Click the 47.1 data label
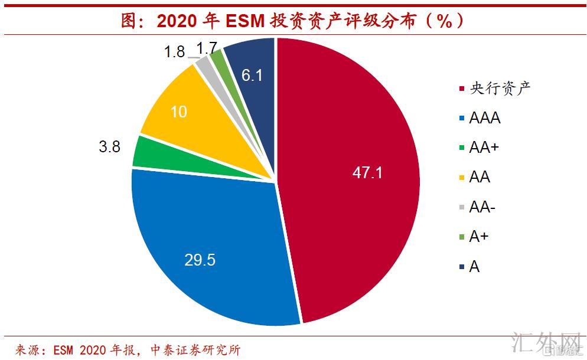click(x=367, y=172)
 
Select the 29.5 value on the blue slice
click(x=200, y=260)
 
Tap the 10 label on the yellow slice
click(x=178, y=112)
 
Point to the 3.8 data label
click(x=109, y=146)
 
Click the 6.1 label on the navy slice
click(x=252, y=74)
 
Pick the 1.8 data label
click(x=175, y=52)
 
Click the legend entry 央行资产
click(x=500, y=89)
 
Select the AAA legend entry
click(x=485, y=118)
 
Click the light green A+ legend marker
click(x=461, y=237)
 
